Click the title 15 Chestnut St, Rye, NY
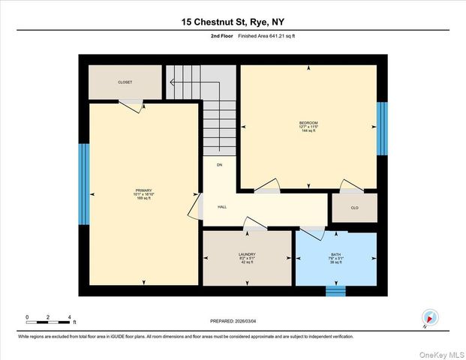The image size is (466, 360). [233, 22]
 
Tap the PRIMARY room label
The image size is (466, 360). [143, 190]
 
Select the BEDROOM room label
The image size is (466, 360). [308, 123]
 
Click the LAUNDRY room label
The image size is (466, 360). [247, 256]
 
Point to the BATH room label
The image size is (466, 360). [335, 256]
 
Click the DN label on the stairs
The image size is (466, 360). [220, 164]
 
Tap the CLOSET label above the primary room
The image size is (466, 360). [125, 82]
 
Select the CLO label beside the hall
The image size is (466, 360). [354, 208]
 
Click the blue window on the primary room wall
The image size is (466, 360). [84, 174]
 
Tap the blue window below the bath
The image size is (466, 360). [335, 291]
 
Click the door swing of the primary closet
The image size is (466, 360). [132, 106]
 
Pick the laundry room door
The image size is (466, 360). [257, 224]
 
